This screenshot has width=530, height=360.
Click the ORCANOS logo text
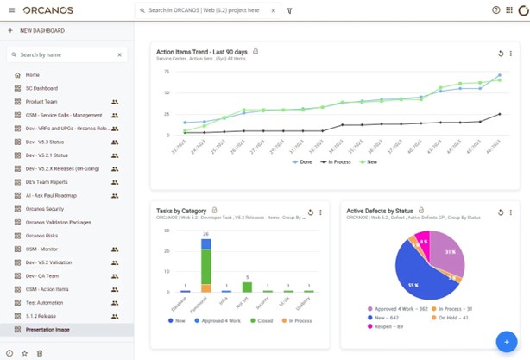[48, 10]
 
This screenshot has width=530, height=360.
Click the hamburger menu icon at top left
[10, 10]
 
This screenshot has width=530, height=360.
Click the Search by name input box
[66, 54]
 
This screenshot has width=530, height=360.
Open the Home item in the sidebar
[32, 75]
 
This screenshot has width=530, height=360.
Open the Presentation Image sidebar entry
[53, 330]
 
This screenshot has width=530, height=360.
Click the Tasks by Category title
[181, 210]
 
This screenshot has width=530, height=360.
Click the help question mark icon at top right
[496, 10]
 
